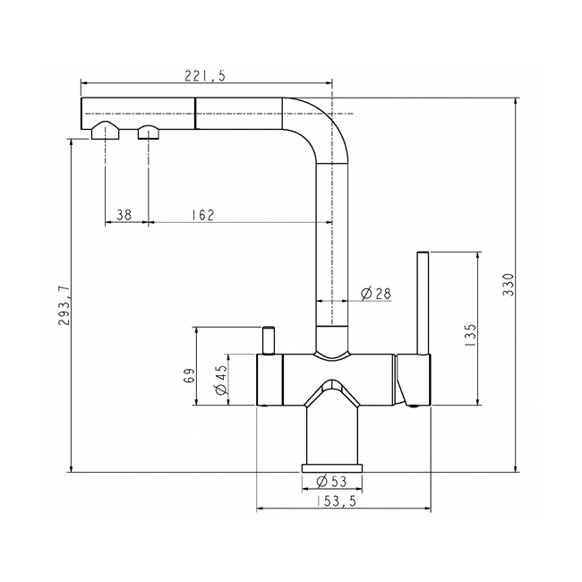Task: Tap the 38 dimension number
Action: click(124, 215)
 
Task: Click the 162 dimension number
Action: click(202, 215)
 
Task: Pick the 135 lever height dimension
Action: click(471, 333)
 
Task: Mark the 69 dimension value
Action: click(189, 376)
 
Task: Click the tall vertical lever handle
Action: click(423, 304)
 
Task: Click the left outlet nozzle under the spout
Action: click(106, 133)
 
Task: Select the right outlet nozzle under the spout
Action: click(148, 133)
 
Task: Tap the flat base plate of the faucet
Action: click(334, 469)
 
